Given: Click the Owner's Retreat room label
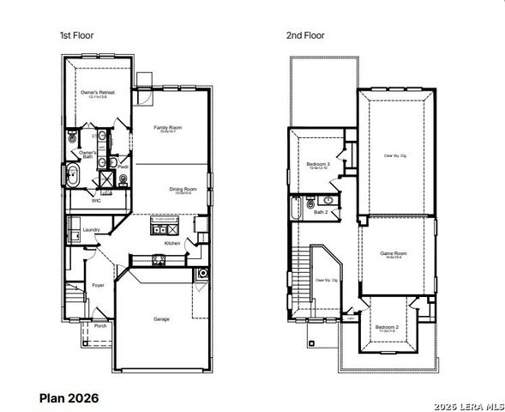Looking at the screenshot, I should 97,92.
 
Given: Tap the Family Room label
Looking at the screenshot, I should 167,127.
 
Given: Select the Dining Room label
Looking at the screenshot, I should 183,189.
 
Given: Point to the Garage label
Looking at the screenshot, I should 161,319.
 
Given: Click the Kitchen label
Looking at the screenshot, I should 171,243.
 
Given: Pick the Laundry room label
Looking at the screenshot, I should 91,229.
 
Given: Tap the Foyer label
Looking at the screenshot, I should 98,285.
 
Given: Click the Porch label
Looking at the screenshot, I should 100,326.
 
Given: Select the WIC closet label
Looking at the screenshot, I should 97,200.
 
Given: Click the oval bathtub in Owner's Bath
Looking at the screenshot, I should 74,179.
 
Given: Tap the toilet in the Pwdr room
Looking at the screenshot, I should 123,179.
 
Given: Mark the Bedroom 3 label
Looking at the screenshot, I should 318,163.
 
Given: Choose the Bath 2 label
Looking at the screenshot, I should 320,211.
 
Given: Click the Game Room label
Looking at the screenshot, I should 393,253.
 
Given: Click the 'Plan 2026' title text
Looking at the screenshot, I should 69,397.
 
